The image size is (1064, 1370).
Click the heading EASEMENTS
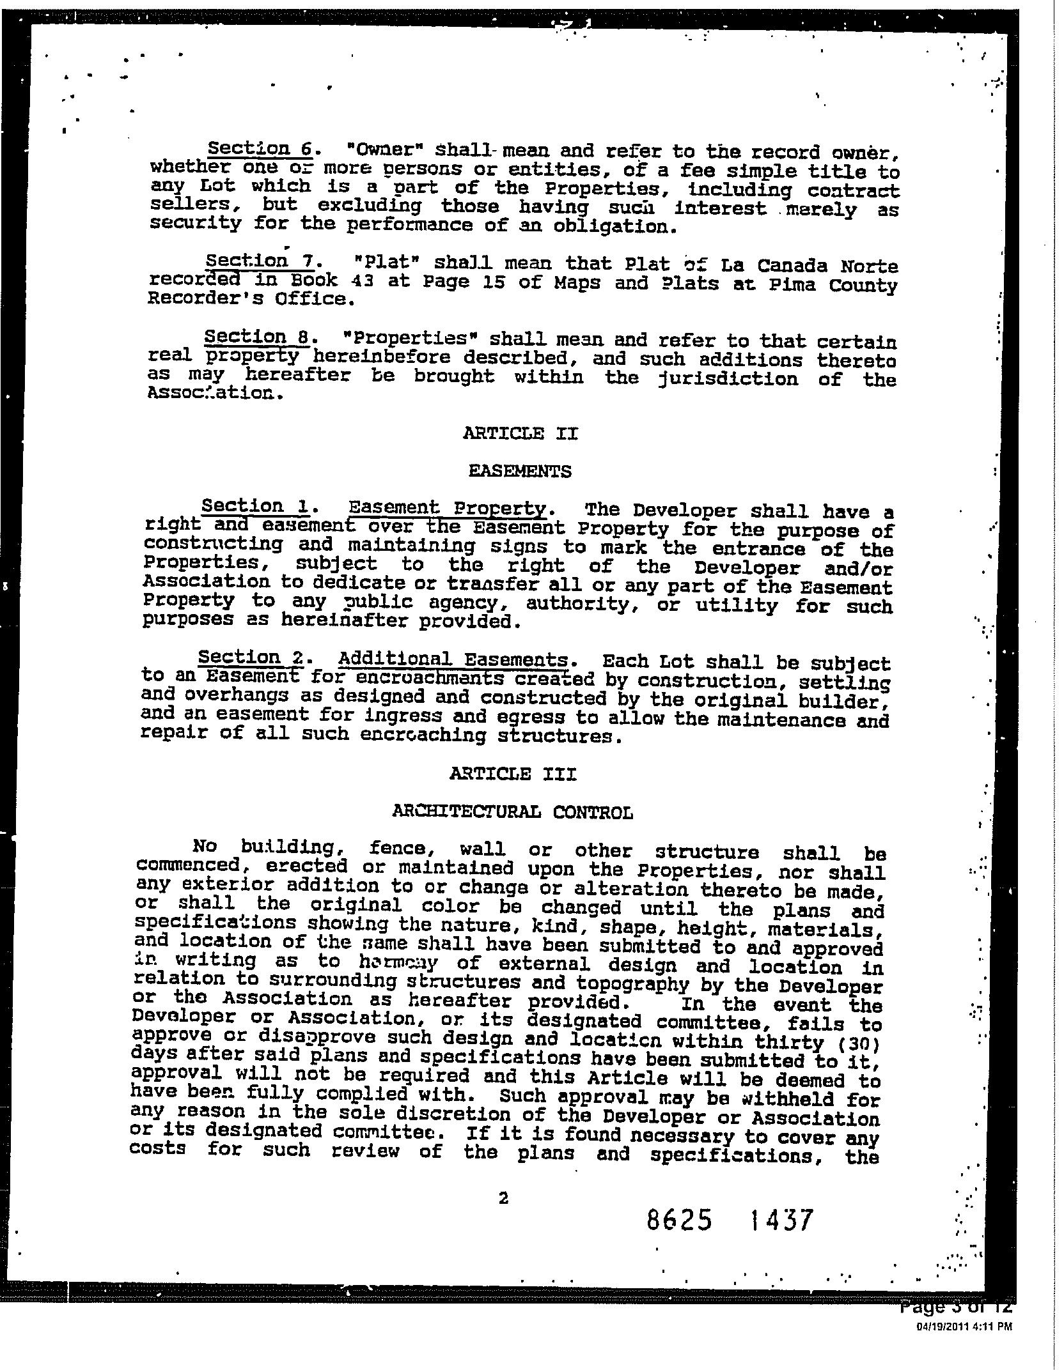pos(520,472)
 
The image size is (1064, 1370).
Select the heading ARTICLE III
pos(513,774)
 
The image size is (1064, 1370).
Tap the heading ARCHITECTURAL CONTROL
pos(512,812)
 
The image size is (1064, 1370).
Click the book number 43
pos(363,281)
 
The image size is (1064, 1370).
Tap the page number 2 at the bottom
pos(503,1198)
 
